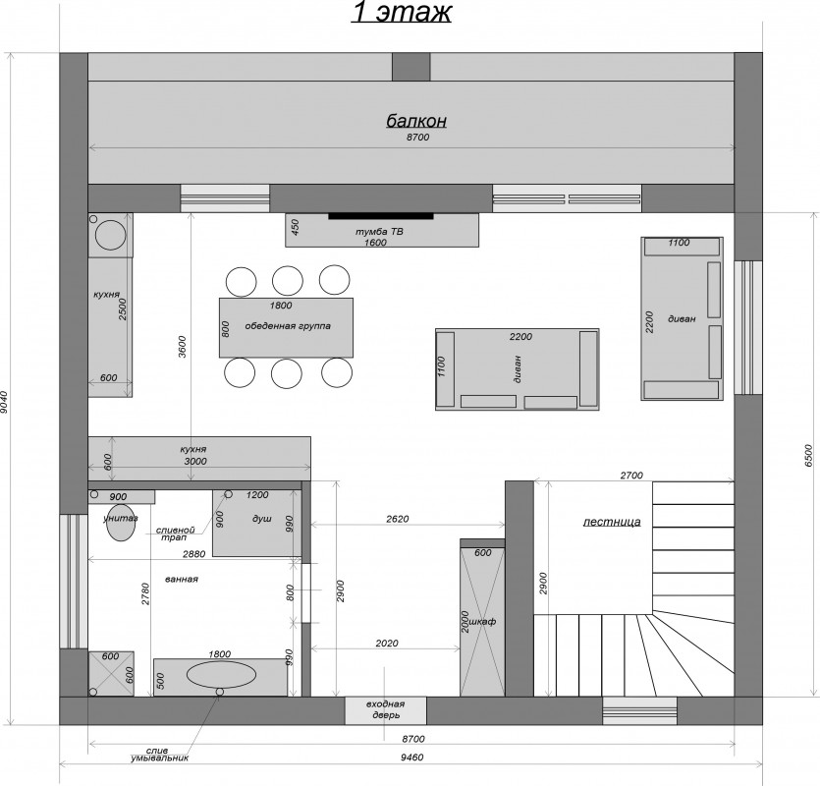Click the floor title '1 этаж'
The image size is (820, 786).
[x=401, y=12]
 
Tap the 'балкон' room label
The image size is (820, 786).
[x=416, y=121]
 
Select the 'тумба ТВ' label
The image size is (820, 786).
[x=379, y=231]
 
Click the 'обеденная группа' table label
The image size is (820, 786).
[x=288, y=326]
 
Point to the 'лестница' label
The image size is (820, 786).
[x=612, y=522]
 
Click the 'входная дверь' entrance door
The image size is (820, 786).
[x=385, y=710]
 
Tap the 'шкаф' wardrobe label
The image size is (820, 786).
[x=483, y=622]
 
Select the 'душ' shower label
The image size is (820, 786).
[x=262, y=519]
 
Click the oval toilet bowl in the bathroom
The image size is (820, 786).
[x=121, y=523]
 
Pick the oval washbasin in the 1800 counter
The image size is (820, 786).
[x=221, y=674]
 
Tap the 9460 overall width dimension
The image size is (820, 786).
[x=412, y=757]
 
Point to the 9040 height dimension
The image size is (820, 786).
[x=5, y=403]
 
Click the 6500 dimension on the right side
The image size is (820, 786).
[x=808, y=455]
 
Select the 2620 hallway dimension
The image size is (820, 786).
[x=398, y=519]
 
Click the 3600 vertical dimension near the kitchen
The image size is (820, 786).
[x=182, y=346]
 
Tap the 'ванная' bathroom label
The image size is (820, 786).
[x=182, y=580]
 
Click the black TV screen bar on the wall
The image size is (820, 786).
[x=381, y=215]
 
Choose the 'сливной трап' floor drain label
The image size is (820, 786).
[x=175, y=533]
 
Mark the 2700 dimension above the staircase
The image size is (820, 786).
[x=631, y=476]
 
